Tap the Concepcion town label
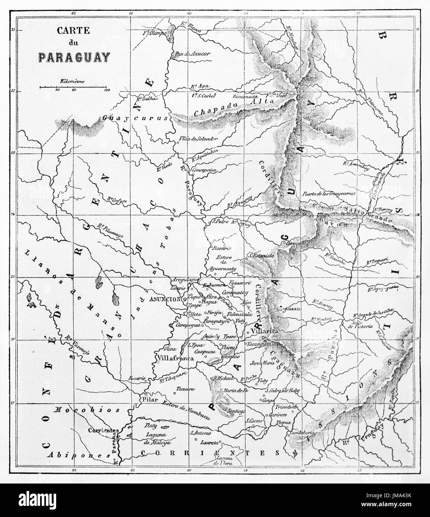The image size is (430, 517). point(204,170)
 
